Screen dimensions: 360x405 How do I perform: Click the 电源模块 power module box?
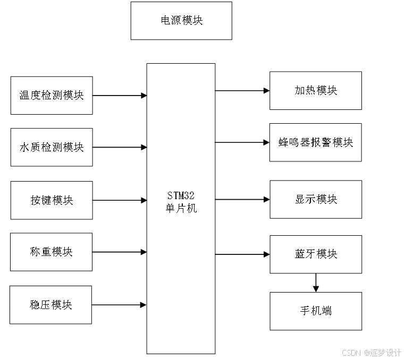tap(181, 21)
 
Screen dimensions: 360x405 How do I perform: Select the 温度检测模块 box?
tap(52, 96)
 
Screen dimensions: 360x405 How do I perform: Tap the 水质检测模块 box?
tap(52, 147)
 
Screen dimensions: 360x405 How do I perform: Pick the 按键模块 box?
tap(52, 200)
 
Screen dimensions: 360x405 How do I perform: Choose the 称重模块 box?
tap(52, 252)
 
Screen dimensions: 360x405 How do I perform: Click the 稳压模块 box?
tap(51, 305)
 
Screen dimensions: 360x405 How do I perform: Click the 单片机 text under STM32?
tap(181, 209)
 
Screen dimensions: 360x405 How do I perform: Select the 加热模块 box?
tap(316, 91)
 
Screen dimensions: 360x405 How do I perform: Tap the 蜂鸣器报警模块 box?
tap(316, 142)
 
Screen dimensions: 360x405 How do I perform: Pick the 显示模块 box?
tap(316, 199)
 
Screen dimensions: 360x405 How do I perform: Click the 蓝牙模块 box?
tap(316, 254)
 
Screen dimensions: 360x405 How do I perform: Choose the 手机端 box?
tap(316, 311)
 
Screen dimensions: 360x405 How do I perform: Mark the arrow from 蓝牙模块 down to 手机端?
tap(316, 282)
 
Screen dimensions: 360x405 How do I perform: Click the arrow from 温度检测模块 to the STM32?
tap(120, 96)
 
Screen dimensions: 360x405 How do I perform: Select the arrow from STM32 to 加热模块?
tap(242, 91)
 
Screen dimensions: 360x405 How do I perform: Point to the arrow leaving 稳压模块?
tap(119, 305)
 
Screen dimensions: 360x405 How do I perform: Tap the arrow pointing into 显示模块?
tap(242, 200)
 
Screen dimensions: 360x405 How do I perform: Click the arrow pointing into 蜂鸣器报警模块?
tap(242, 142)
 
